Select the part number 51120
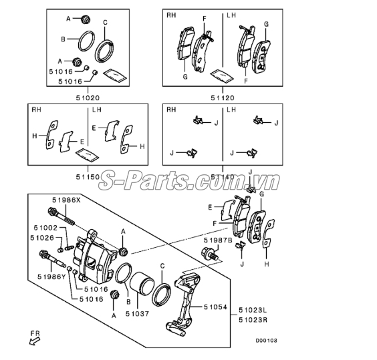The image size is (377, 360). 222,97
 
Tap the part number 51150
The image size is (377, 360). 88,176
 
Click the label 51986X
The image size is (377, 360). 66,200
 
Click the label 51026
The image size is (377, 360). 42,238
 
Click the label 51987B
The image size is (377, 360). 218,238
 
